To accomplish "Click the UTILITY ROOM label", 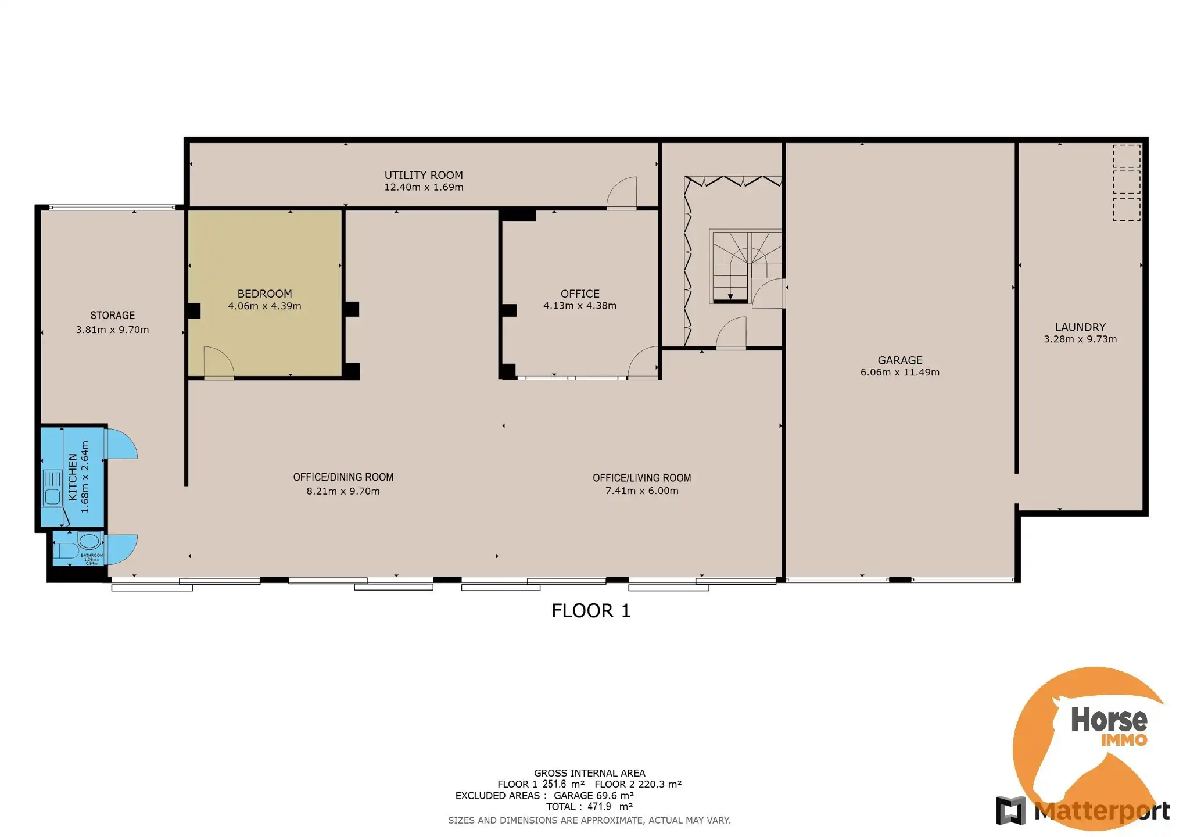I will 424,175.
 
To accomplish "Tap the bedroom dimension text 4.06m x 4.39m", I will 264,306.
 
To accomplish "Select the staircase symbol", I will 745,266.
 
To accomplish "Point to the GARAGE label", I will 899,360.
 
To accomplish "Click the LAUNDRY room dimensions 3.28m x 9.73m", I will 1080,339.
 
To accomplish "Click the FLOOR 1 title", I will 591,611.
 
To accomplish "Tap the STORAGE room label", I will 113,316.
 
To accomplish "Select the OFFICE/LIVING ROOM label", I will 641,478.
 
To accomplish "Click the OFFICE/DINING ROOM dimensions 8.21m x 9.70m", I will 343,491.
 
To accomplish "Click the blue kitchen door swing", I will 121,444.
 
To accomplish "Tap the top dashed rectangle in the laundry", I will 1126,156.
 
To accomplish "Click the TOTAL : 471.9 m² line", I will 589,807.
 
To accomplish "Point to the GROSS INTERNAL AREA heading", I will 589,773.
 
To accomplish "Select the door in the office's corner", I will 643,363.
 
